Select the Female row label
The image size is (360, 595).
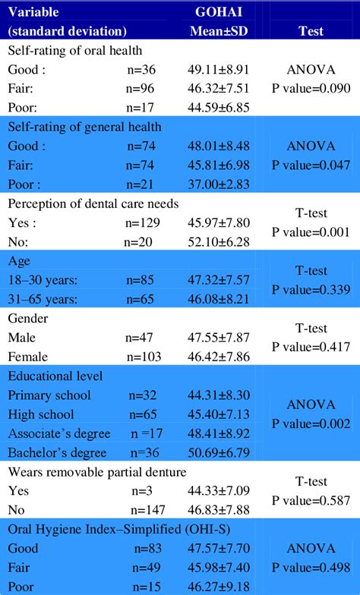coord(29,357)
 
